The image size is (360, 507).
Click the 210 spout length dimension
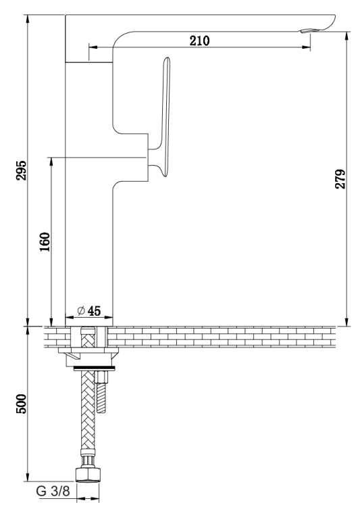pos(199,41)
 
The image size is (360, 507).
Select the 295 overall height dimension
pos(22,170)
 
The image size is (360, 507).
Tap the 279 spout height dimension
pos(340,179)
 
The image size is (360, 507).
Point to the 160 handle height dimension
pos(45,242)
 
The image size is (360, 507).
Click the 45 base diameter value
pos(94,311)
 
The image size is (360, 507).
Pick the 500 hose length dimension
pos(22,404)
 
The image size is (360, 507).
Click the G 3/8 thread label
pos(53,491)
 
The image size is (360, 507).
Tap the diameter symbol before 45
pos(81,311)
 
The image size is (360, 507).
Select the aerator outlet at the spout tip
pos(310,30)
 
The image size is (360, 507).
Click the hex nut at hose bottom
pos(88,475)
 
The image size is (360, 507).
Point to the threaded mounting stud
pos(101,392)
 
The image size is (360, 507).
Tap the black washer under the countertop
pos(94,368)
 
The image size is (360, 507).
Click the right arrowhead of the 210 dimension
pos(306,47)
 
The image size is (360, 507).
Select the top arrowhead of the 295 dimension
pos(28,20)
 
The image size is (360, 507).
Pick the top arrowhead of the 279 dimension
pos(347,37)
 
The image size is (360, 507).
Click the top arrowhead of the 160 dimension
pos(51,162)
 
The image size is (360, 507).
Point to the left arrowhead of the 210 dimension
pos(93,47)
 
